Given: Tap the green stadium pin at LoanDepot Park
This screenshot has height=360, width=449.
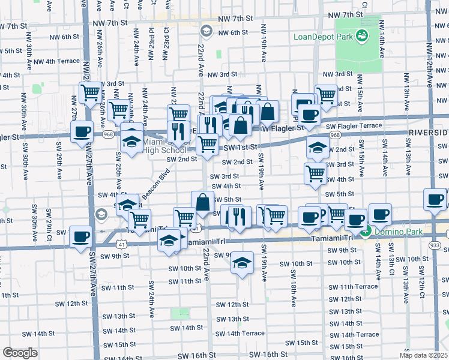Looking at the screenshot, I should [362, 37].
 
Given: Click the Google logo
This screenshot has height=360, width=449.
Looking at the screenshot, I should [20, 353].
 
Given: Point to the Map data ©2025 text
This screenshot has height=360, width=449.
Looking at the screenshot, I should [423, 355].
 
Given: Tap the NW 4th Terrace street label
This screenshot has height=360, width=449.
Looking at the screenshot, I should [56, 61].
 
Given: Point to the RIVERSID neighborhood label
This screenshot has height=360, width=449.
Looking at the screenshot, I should [429, 132].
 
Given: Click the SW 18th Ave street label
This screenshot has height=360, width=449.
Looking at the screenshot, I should [294, 287].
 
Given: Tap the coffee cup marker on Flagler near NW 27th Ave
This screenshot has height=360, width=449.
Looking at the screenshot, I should [82, 132].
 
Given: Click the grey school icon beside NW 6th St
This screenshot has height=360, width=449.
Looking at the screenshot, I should [206, 31].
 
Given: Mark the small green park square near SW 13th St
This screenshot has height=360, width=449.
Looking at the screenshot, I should [179, 313].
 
